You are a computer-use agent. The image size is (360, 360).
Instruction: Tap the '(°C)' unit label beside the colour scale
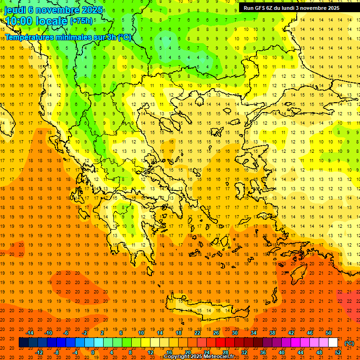[349, 343]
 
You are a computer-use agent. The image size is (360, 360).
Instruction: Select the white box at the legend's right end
[333, 343]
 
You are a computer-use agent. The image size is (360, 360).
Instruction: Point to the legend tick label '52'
[338, 352]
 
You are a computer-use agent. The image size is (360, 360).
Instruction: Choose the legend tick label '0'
[93, 352]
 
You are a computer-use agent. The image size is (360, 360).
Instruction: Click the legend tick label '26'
[216, 333]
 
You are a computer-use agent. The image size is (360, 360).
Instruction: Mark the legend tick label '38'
[272, 333]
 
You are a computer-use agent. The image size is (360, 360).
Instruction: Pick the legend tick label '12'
[150, 352]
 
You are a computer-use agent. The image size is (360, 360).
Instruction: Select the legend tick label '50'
[329, 333]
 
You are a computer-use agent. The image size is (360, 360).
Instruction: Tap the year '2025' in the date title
[88, 9]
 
